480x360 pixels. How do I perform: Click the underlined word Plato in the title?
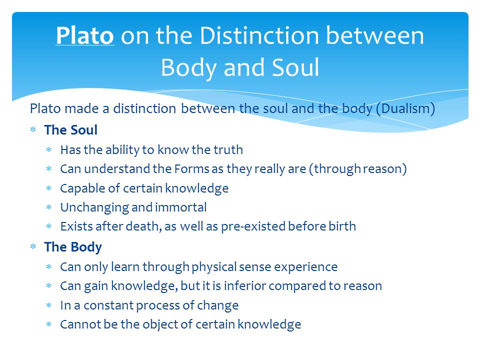point(85,35)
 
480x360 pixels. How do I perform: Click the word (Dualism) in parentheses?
point(405,109)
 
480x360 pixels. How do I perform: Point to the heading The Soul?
point(70,130)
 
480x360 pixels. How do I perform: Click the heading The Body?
point(73,247)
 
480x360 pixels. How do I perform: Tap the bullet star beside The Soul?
point(33,129)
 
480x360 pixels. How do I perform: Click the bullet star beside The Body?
point(33,246)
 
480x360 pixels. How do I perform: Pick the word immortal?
point(181,207)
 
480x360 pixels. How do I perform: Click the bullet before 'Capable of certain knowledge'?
point(49,188)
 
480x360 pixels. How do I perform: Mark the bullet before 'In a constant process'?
point(49,305)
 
